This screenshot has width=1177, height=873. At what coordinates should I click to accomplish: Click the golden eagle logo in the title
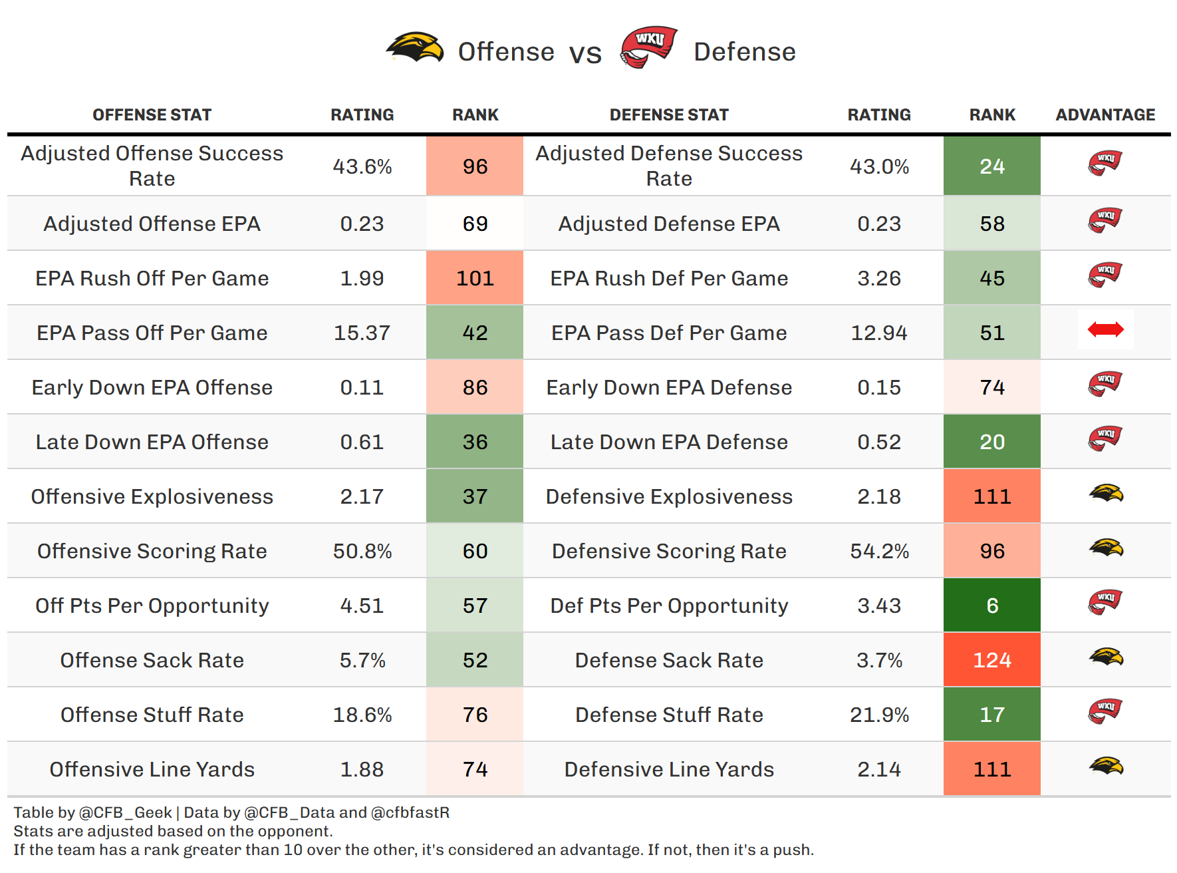click(416, 48)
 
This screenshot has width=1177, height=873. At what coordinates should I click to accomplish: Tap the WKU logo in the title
click(648, 47)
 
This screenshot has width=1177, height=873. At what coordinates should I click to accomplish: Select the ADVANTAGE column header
click(1105, 115)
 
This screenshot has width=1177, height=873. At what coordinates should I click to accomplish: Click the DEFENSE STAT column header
click(669, 115)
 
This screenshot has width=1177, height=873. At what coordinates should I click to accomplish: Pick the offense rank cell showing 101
click(475, 278)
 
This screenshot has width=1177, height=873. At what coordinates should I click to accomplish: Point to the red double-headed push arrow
click(1105, 329)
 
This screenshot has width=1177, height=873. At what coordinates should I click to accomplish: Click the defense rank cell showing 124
click(991, 660)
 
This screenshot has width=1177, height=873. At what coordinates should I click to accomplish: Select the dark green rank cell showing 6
click(991, 606)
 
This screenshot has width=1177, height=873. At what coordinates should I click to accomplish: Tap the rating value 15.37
click(362, 333)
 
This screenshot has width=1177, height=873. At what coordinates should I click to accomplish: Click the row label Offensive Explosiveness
click(152, 496)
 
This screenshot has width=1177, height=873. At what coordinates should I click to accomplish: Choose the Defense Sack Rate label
click(669, 660)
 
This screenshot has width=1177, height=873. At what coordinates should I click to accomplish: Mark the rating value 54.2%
click(879, 551)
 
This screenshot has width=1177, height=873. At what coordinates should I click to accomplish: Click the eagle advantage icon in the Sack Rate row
click(1106, 657)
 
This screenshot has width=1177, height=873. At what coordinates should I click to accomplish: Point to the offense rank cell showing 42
click(475, 333)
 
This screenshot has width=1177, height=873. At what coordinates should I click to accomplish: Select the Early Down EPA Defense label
click(669, 387)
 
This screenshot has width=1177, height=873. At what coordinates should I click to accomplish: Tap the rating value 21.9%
click(879, 715)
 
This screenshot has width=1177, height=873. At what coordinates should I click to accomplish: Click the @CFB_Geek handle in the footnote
click(125, 812)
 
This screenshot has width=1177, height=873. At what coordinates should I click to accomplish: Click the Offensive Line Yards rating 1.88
click(362, 769)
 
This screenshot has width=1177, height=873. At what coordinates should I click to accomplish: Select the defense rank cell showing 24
click(991, 166)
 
